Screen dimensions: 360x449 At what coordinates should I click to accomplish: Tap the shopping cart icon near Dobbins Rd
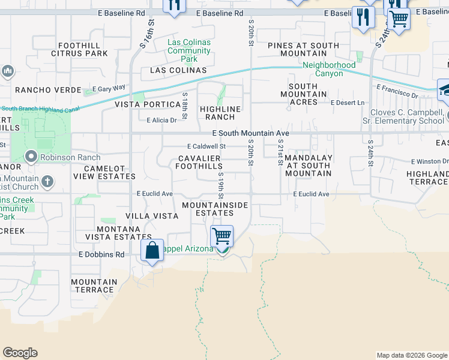[222, 236]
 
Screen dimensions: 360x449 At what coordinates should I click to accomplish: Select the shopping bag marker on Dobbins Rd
[152, 250]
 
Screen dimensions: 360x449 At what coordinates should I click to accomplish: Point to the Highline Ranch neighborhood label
[220, 113]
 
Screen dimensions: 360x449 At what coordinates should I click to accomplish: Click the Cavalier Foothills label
[199, 162]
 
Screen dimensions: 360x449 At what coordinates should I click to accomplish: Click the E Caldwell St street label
[206, 146]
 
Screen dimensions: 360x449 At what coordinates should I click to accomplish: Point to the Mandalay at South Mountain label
[308, 166]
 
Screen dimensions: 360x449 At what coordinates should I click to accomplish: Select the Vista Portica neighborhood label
[147, 104]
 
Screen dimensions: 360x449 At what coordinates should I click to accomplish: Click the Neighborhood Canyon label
[329, 69]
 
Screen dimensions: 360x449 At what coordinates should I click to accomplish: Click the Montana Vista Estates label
[113, 233]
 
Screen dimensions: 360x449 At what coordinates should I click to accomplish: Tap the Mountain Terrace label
[94, 286]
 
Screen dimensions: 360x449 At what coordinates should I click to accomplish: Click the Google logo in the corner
[20, 353]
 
